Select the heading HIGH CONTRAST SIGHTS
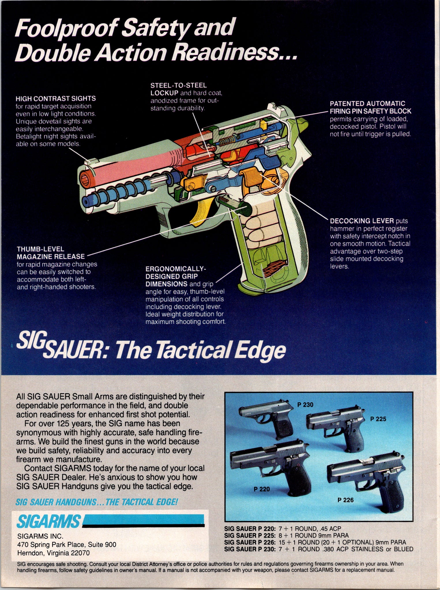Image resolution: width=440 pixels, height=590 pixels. pyautogui.click(x=56, y=99)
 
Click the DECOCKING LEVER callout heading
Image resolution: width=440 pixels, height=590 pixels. pyautogui.click(x=362, y=221)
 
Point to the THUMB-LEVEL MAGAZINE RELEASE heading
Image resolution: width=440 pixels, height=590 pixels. pyautogui.click(x=51, y=253)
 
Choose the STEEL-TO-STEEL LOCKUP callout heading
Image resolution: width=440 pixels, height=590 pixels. pyautogui.click(x=178, y=89)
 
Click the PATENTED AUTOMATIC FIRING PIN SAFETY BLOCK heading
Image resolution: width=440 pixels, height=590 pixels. pyautogui.click(x=371, y=107)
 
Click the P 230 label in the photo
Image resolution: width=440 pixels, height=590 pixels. pyautogui.click(x=305, y=405)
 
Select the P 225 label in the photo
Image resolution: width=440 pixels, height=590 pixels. pyautogui.click(x=378, y=419)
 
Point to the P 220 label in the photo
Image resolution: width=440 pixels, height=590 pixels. pyautogui.click(x=262, y=489)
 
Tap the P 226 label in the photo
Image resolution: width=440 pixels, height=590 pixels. pyautogui.click(x=345, y=500)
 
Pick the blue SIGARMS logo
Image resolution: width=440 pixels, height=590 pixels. pyautogui.click(x=48, y=521)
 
